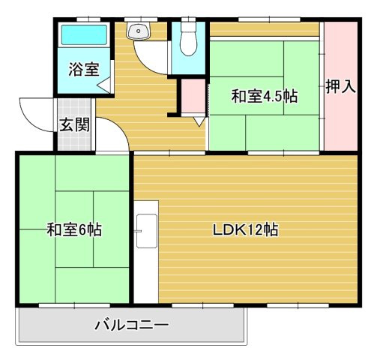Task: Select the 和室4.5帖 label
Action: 264,97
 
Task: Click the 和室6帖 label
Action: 74,230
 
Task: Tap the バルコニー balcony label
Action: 132,325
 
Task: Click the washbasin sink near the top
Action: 139,31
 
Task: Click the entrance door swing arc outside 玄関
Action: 34,112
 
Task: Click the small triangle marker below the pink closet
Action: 199,119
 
